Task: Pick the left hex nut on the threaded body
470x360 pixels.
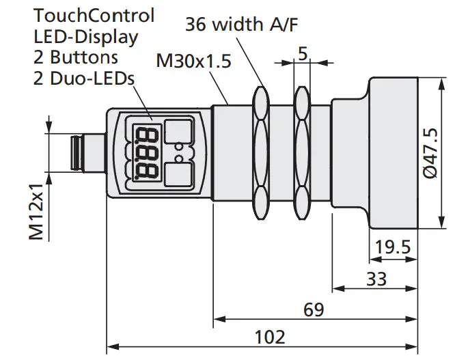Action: point(260,152)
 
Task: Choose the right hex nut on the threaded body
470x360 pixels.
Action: point(301,152)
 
